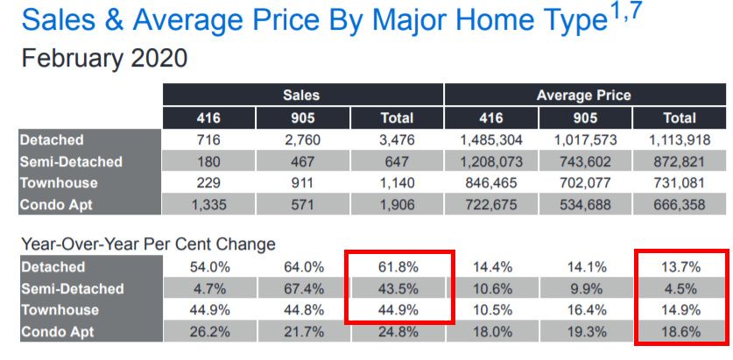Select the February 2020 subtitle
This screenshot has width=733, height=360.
(103, 59)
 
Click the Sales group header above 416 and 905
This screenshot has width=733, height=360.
(300, 95)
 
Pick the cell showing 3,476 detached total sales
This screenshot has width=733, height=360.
(397, 139)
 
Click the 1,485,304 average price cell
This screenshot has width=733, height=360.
(491, 139)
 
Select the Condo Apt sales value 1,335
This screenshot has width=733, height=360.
(205, 204)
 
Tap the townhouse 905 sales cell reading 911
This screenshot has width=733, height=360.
(300, 182)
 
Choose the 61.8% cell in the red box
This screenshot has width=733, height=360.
(397, 267)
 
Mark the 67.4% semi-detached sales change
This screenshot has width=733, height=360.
(300, 289)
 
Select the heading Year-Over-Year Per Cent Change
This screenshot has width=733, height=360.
(147, 244)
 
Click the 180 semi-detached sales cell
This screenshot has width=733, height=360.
(205, 161)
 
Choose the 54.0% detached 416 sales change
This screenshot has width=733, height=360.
(205, 267)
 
